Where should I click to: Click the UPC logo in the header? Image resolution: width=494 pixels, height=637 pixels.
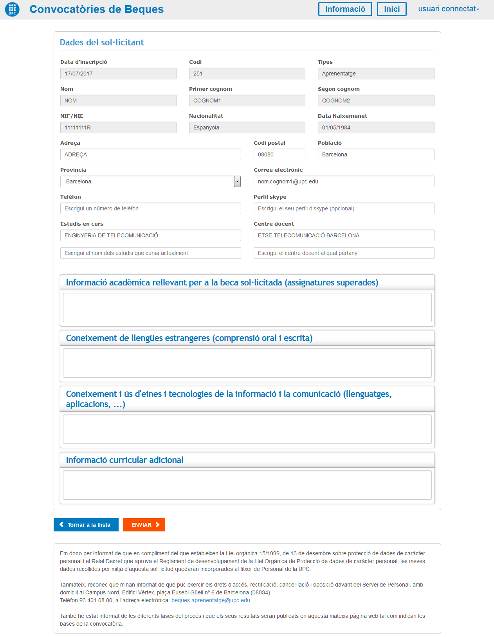point(12,9)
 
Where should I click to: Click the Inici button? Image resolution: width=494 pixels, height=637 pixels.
point(391,9)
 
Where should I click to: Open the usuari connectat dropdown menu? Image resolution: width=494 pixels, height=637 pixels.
point(449,9)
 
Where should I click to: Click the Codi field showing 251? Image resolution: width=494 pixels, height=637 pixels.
point(247,74)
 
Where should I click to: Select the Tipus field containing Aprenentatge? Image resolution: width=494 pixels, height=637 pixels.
point(376,74)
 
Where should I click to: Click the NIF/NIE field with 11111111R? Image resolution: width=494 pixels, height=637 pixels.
point(118,127)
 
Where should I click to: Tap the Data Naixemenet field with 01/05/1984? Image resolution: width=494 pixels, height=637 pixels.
point(376,127)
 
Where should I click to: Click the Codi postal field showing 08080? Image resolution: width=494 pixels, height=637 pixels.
point(279,154)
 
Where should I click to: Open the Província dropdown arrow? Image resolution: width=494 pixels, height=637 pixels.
point(237,181)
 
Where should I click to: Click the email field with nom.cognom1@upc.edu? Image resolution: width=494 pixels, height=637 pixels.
point(344,181)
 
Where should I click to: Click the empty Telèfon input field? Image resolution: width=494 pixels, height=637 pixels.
point(150,208)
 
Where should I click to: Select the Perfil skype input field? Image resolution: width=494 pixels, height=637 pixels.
point(344,208)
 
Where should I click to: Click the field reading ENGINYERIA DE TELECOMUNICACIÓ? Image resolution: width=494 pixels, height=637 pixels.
point(150,235)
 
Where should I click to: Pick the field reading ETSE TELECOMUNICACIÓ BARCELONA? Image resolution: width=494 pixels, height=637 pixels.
point(344,235)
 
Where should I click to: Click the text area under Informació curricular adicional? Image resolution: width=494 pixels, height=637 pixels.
point(247,485)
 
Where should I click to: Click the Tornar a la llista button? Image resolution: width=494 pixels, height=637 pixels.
point(86,525)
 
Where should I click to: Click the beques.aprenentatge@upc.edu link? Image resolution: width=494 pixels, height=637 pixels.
point(211,600)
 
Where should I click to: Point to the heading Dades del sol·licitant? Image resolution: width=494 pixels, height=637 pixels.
point(102,42)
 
